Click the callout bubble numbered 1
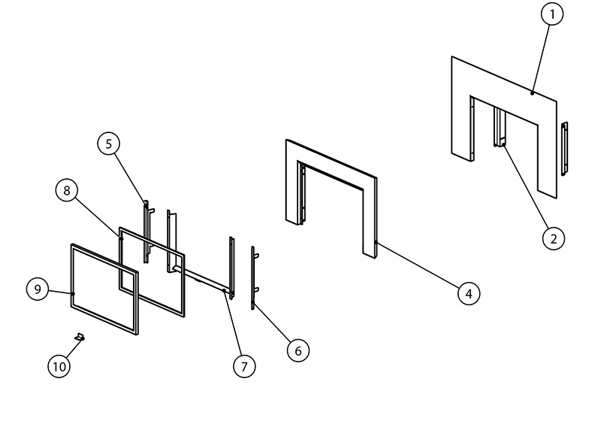click(x=552, y=14)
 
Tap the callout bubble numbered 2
click(x=554, y=238)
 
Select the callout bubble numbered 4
click(x=469, y=293)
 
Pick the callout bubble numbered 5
click(x=108, y=144)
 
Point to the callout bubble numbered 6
click(x=297, y=350)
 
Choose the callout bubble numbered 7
click(x=244, y=366)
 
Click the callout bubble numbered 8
click(x=67, y=190)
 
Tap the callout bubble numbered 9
click(x=38, y=289)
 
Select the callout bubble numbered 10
click(x=59, y=366)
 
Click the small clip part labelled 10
click(x=80, y=337)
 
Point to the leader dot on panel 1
click(x=532, y=93)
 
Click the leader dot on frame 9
click(x=73, y=294)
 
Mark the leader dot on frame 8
click(x=121, y=238)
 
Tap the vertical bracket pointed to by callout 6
click(x=253, y=278)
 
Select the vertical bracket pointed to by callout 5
click(x=146, y=232)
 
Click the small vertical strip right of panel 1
click(x=564, y=149)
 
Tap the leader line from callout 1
click(x=541, y=59)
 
